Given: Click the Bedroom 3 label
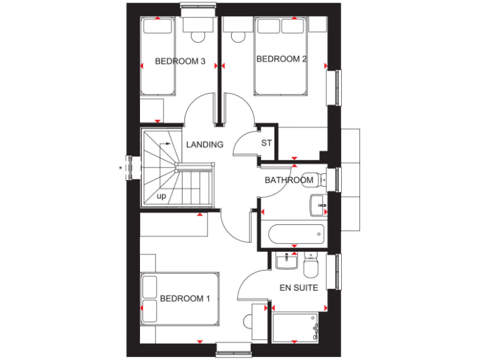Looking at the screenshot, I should (180, 61).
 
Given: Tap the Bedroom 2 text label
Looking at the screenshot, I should (281, 59).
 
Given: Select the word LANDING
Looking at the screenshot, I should (204, 144).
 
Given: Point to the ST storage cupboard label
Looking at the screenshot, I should (266, 142).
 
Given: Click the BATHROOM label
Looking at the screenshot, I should (288, 180).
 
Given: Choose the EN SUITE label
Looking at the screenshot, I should (298, 288).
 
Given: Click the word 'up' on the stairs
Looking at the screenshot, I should (161, 196).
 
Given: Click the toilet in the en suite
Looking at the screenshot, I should (311, 267).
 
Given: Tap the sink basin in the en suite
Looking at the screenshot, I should (286, 261).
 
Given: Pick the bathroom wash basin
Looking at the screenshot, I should (317, 204).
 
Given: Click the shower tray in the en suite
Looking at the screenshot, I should (296, 327).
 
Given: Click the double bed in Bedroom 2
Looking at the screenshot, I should (281, 56).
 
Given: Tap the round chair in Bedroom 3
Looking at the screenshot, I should (198, 36).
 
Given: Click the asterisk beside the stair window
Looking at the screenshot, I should (120, 167).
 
